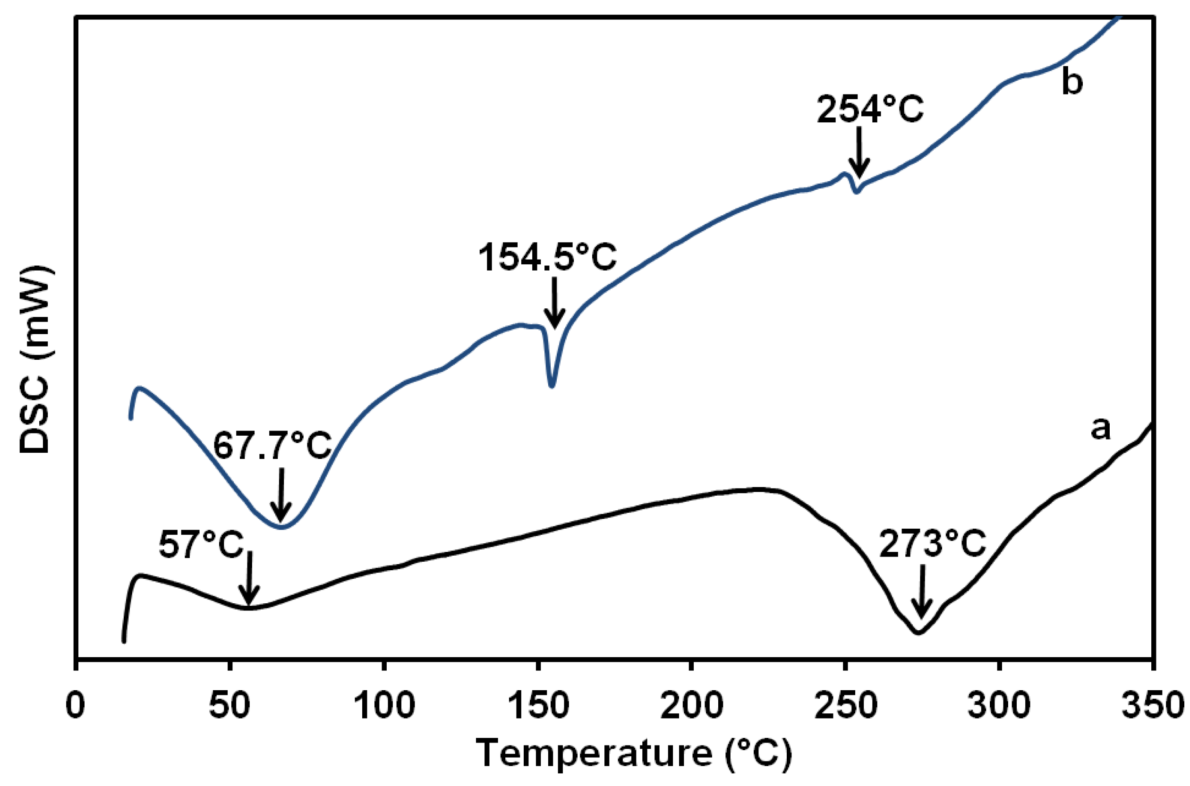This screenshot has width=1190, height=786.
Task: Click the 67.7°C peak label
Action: click(x=272, y=445)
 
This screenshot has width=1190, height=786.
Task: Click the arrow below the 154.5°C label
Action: click(x=554, y=303)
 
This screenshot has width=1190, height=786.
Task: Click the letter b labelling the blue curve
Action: click(x=1071, y=83)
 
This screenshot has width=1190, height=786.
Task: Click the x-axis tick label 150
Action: click(x=538, y=706)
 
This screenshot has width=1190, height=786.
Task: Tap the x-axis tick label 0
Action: click(x=76, y=706)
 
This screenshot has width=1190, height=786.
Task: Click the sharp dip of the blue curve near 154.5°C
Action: click(x=552, y=385)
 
